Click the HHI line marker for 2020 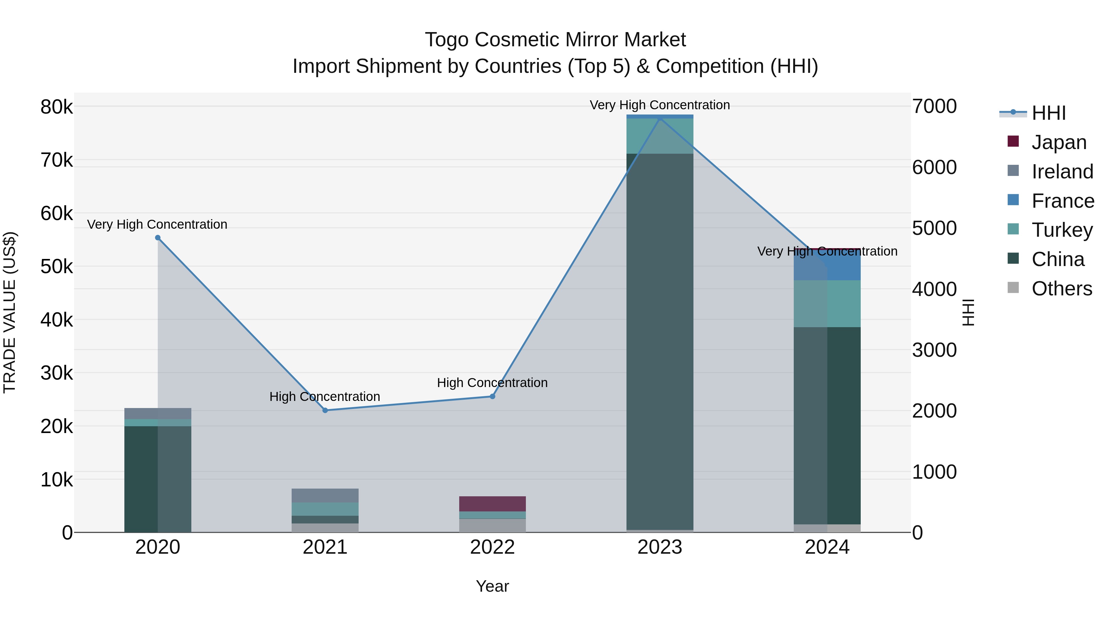[x=158, y=238]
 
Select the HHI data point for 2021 [x=325, y=410]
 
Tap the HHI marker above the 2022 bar [x=493, y=396]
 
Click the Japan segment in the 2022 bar [x=493, y=504]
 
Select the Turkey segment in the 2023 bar [x=660, y=136]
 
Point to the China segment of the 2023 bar [x=660, y=341]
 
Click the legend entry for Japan [x=1059, y=142]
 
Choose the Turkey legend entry [x=1062, y=230]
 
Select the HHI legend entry [x=1048, y=113]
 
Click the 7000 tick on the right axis [x=934, y=106]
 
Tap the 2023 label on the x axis [x=660, y=547]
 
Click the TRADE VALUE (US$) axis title [x=10, y=313]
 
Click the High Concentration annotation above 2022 [x=492, y=383]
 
